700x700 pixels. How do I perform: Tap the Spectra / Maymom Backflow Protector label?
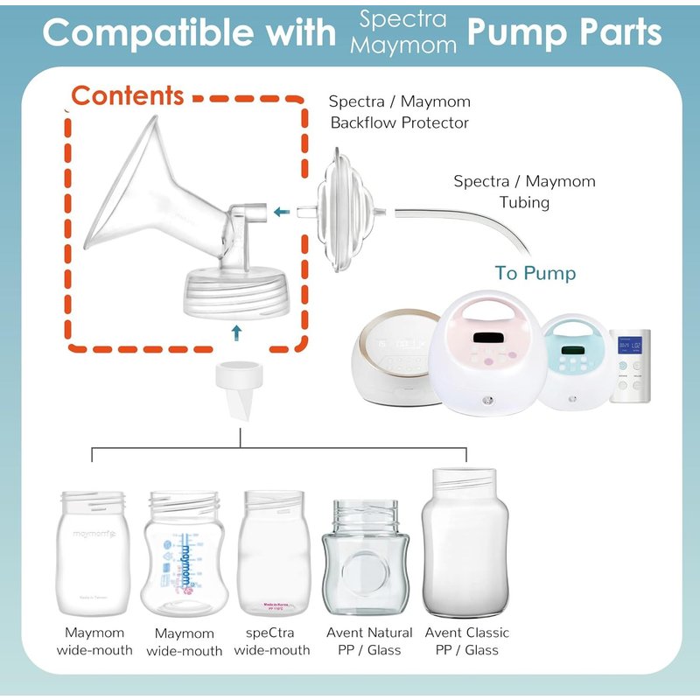(x=399, y=112)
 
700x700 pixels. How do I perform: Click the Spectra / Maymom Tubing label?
(x=524, y=192)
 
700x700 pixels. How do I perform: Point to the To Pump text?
(x=535, y=273)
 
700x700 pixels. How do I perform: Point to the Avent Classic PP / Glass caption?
(x=466, y=640)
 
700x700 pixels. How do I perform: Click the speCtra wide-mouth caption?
(x=271, y=640)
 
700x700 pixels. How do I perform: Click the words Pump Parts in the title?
(x=564, y=32)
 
